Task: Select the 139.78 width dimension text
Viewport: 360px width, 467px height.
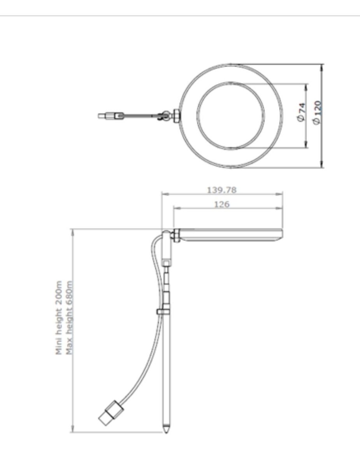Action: (x=221, y=190)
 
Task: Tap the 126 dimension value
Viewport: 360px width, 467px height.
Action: (x=222, y=204)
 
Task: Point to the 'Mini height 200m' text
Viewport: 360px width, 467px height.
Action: (x=59, y=318)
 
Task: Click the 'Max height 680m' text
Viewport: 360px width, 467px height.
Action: (x=70, y=318)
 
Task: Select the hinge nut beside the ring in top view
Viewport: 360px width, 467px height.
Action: (x=176, y=115)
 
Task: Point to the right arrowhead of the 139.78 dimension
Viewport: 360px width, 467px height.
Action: (x=281, y=194)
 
